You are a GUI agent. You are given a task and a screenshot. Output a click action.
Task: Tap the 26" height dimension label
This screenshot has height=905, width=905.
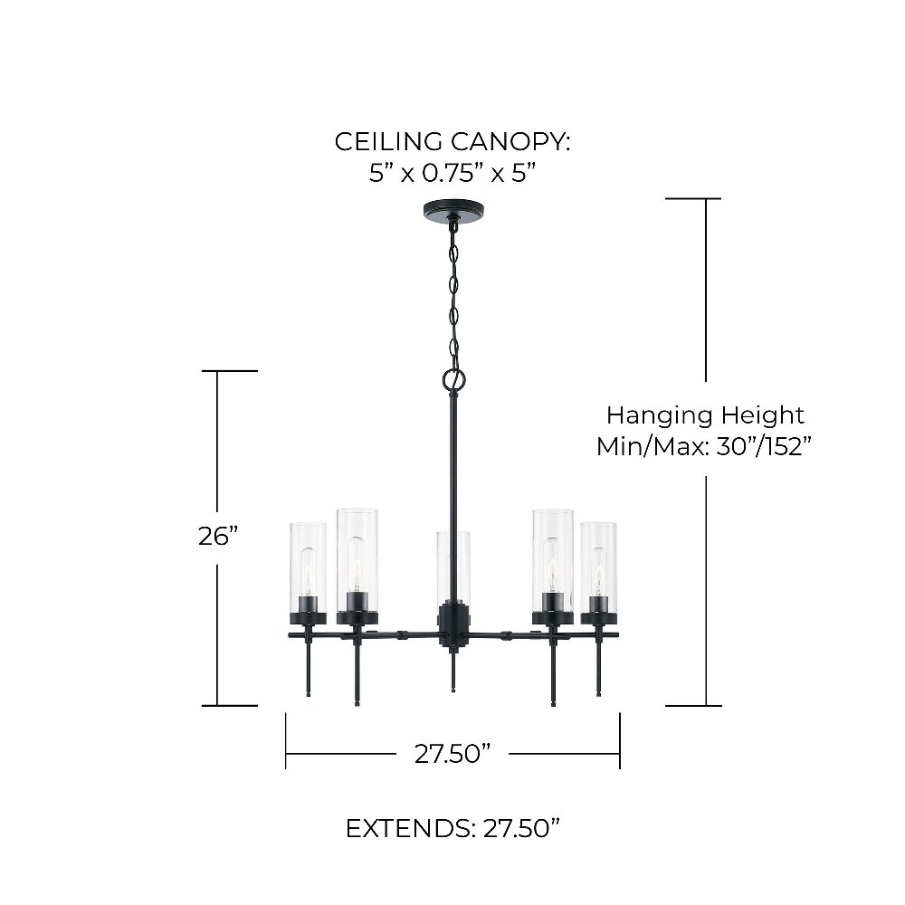pos(218,537)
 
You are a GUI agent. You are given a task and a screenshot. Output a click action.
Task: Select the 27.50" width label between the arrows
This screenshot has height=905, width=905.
pos(452,754)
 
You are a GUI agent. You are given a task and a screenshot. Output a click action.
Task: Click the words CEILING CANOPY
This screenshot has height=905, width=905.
pos(452,141)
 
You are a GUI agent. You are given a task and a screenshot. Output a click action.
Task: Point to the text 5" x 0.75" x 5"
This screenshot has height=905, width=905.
pos(452,173)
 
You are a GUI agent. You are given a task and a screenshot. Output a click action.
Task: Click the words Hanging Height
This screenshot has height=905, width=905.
pos(705,415)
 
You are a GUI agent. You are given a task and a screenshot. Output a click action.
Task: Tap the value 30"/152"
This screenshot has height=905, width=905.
pos(764,446)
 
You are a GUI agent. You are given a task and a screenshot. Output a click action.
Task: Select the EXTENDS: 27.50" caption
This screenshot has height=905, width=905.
pos(452,829)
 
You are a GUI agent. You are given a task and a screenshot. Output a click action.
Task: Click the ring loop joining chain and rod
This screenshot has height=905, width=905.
pos(453,380)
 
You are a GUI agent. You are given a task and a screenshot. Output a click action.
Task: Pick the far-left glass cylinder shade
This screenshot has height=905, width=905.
pos(309,568)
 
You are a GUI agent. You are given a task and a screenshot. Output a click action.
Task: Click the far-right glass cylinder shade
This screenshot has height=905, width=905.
pos(598,568)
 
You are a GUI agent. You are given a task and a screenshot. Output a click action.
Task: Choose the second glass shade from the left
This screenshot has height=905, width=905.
pos(357,560)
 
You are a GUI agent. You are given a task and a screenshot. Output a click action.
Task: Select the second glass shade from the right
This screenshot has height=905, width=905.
pos(553,560)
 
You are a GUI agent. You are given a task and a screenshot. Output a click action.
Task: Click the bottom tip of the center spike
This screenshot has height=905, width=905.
pos(453,691)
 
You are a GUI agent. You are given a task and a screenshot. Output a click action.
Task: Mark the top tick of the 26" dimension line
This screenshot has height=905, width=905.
pos(229,371)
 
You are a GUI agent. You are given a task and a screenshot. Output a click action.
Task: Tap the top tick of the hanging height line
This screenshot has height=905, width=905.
pos(693,198)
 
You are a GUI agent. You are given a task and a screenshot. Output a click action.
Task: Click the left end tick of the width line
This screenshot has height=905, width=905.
pos(286,741)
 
